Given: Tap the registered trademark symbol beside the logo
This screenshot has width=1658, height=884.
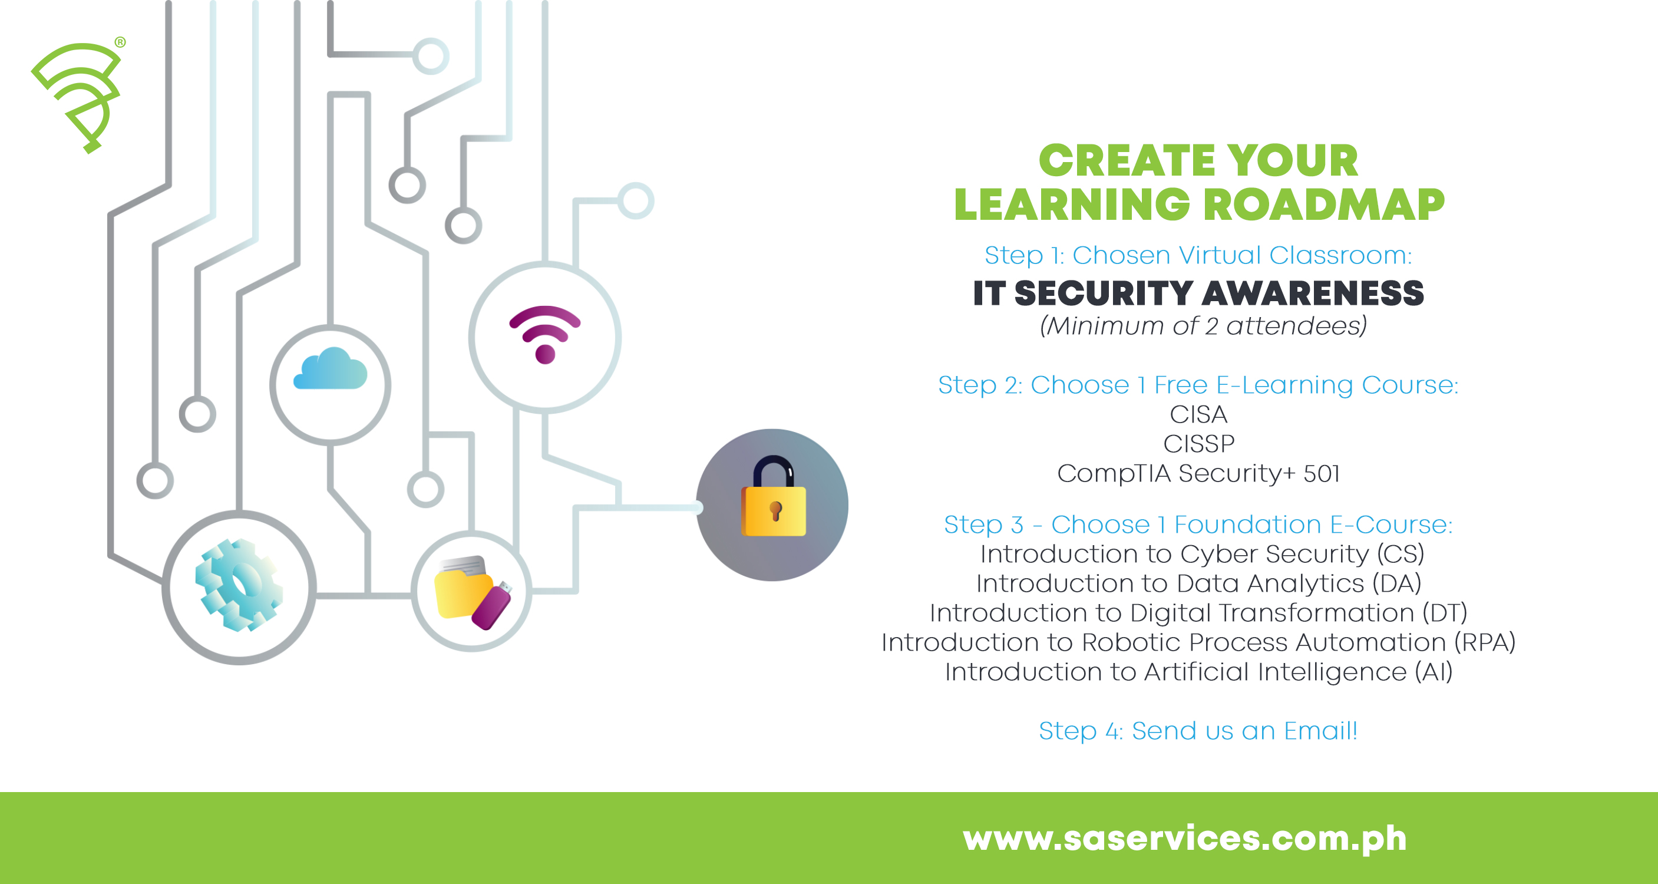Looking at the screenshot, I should (x=120, y=42).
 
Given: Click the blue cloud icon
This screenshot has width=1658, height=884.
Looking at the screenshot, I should (x=330, y=370).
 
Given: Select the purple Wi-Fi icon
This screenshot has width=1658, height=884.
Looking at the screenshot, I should (x=545, y=334).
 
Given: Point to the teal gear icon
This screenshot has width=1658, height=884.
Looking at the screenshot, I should (x=239, y=585).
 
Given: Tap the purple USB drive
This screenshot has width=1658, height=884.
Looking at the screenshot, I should (x=492, y=606).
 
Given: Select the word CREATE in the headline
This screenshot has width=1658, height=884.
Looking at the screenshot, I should (x=1127, y=160).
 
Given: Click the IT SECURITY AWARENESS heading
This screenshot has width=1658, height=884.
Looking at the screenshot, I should (x=1198, y=293).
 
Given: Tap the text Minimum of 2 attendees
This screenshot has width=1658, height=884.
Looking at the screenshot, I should (x=1203, y=326).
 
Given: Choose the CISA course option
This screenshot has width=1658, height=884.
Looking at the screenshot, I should (x=1198, y=414).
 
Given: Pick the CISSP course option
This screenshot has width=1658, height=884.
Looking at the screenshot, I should (x=1198, y=444).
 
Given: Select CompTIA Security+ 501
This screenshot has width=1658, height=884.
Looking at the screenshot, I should (x=1198, y=473).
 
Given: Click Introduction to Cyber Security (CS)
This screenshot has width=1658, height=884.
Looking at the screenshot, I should (x=1201, y=554).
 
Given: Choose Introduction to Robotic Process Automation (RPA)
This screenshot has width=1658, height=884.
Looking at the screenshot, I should (x=1198, y=642).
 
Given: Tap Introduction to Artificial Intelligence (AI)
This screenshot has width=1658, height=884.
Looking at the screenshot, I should (x=1198, y=671).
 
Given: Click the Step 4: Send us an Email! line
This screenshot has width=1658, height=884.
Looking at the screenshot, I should (x=1198, y=731).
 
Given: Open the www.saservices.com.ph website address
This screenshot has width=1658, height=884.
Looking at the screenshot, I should (x=1184, y=837).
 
